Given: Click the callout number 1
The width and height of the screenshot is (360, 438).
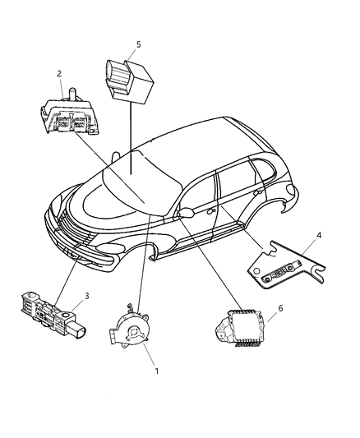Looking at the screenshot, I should pyautogui.click(x=156, y=371).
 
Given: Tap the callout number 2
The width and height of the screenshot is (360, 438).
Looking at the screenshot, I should pyautogui.click(x=59, y=74).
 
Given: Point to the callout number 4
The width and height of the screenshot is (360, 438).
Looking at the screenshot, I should pyautogui.click(x=320, y=236).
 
